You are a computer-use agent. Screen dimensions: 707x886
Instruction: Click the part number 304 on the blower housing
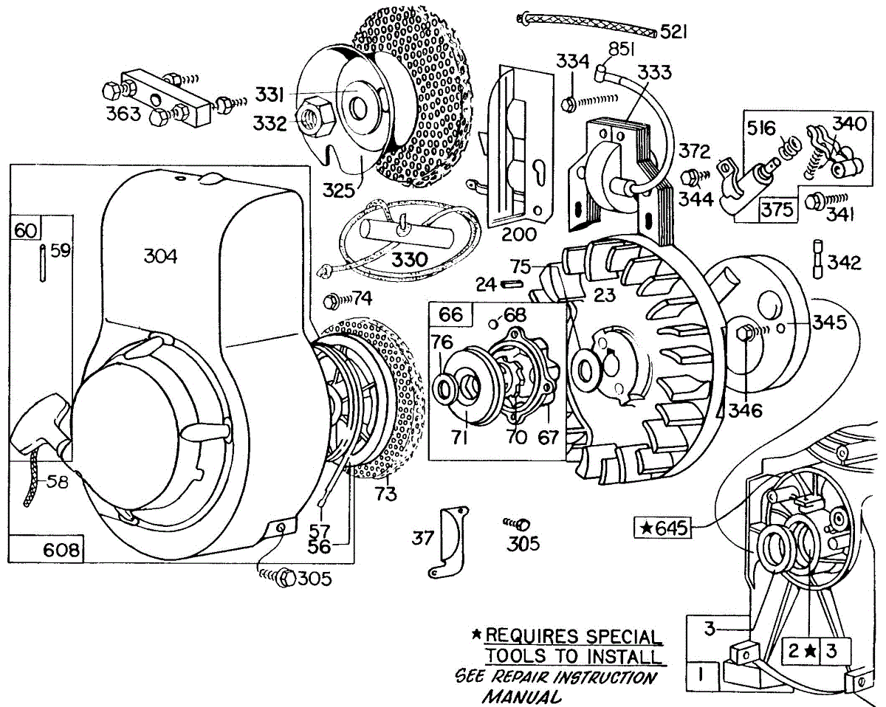click(x=161, y=256)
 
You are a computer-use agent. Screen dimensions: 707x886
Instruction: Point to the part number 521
click(x=674, y=32)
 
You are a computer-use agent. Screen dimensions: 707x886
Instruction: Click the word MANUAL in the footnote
click(x=521, y=695)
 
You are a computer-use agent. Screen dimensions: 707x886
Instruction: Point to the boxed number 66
click(x=451, y=315)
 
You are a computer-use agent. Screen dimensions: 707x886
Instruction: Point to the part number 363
click(x=123, y=114)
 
